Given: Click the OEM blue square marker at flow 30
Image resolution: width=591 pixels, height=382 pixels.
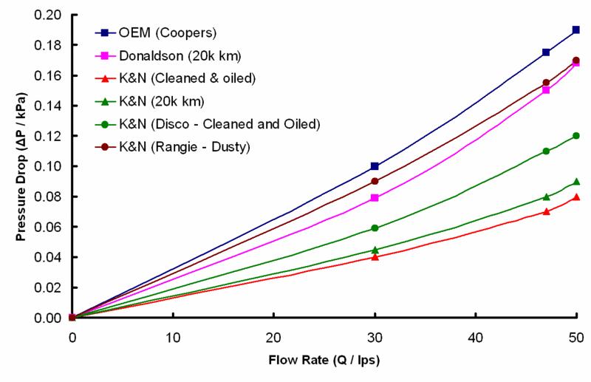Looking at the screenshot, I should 375,166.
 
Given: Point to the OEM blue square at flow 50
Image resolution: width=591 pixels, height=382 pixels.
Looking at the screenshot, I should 576,30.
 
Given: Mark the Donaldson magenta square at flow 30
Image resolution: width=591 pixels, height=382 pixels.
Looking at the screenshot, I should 375,198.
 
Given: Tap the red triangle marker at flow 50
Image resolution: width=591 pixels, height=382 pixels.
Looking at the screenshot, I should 576,197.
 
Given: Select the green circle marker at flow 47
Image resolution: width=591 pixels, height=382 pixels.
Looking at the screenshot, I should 546,151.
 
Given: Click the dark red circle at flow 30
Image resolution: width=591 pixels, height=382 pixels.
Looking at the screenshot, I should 375,181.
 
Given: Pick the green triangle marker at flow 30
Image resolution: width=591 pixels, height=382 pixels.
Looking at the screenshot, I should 375,250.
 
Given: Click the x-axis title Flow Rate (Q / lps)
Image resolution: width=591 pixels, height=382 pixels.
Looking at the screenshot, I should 324,363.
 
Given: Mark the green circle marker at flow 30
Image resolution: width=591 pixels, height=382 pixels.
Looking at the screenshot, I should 375,228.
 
